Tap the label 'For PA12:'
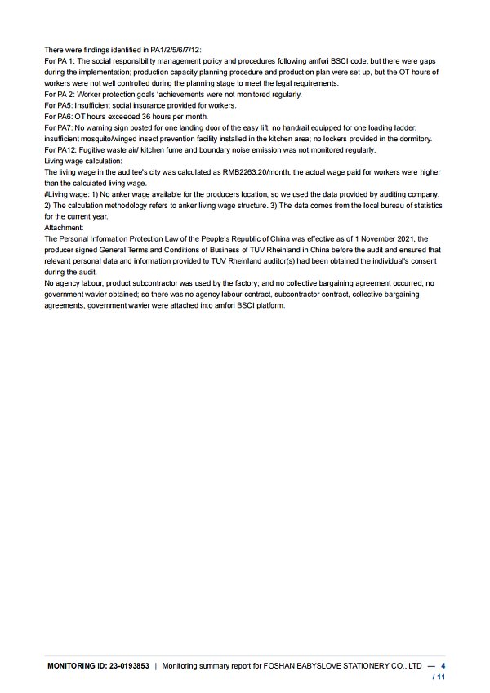coord(60,150)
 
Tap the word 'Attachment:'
coord(64,228)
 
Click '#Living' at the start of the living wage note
coord(58,194)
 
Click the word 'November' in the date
coord(372,239)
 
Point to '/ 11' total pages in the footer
coord(439,677)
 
